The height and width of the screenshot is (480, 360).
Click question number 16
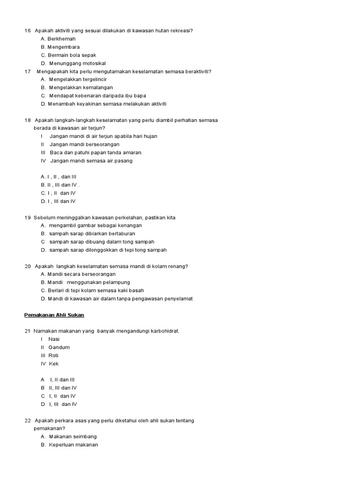(x=27, y=30)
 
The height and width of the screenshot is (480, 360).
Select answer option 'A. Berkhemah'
(x=58, y=39)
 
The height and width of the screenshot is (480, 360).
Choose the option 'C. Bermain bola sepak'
(x=68, y=55)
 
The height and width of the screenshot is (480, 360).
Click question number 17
(x=27, y=72)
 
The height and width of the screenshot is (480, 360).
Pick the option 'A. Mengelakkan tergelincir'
(x=74, y=80)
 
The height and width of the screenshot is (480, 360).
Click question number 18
(x=27, y=120)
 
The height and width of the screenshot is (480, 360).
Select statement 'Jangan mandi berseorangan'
(x=84, y=144)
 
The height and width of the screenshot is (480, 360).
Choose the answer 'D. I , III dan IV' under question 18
(x=58, y=201)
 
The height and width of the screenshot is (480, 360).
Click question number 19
(x=27, y=217)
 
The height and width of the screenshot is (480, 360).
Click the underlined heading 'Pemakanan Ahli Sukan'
(x=54, y=315)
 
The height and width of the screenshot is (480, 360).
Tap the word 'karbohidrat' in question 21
(x=164, y=331)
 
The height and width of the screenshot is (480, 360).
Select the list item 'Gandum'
(x=59, y=347)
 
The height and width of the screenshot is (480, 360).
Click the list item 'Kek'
(x=54, y=364)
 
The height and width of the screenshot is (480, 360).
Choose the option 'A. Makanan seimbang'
(x=68, y=436)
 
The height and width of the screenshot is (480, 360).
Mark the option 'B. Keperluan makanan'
(x=69, y=444)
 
